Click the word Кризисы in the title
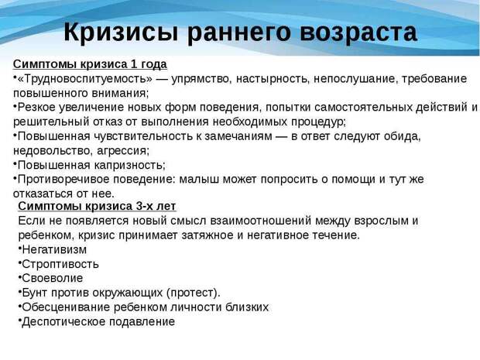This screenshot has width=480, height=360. point(121,33)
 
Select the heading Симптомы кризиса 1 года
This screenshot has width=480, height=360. point(90,64)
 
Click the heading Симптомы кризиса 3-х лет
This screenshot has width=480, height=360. point(97,206)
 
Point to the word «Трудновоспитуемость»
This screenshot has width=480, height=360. point(85,79)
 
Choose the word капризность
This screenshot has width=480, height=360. point(129,166)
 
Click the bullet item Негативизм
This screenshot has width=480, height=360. point(54,250)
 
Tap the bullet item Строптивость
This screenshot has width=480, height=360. point(60,264)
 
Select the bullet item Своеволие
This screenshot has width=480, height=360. point(53,278)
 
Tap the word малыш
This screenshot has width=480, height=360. point(199,180)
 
